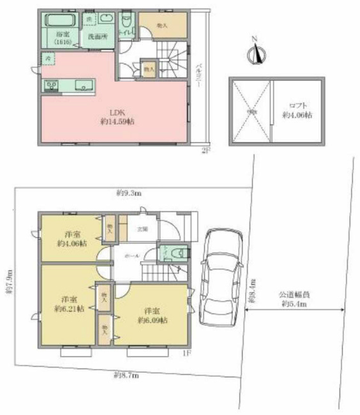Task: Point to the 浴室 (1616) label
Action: click(62, 38)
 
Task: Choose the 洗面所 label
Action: click(98, 36)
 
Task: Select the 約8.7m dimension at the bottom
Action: click(126, 375)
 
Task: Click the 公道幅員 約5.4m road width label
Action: click(294, 300)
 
